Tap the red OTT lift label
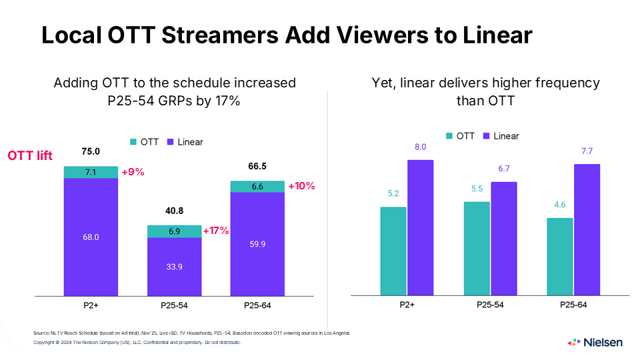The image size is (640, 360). tap(30, 155)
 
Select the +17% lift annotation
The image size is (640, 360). tap(215, 231)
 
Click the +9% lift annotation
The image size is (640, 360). tap(133, 172)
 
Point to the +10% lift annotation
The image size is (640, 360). tap(301, 187)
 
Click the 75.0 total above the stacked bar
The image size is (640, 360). tap(91, 151)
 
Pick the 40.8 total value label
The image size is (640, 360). tap(174, 211)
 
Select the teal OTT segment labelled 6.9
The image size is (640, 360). tap(174, 231)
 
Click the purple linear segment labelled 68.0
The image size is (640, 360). tap(91, 237)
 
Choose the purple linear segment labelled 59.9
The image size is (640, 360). tap(257, 244)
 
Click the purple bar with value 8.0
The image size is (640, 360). tap(420, 227)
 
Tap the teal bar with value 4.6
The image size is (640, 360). tap(559, 256)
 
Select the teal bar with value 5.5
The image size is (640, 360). tap(476, 248)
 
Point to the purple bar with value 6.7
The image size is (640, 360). tap(503, 238)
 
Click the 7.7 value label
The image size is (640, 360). tap(587, 152)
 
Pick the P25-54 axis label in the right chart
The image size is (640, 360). tap(490, 305)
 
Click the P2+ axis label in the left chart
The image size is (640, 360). tap(91, 305)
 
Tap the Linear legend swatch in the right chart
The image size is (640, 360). tap(487, 136)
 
